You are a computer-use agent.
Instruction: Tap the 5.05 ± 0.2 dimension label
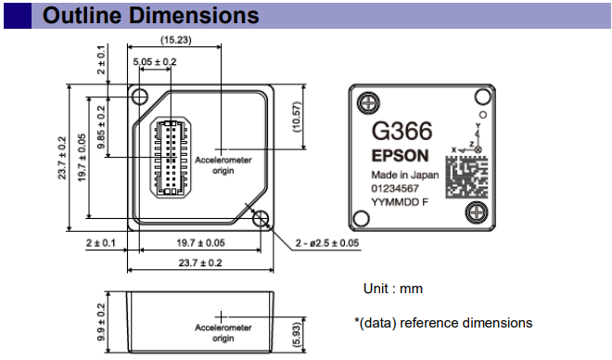[155, 61]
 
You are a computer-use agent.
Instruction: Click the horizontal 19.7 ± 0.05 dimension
[200, 242]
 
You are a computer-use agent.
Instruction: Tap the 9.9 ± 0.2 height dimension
[99, 319]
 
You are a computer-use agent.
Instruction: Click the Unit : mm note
[392, 289]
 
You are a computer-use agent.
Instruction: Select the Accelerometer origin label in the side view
[223, 332]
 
